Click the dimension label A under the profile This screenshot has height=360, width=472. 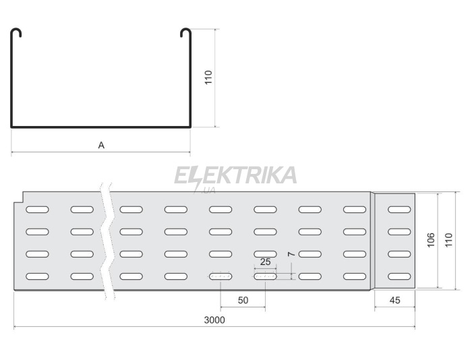pos(101,146)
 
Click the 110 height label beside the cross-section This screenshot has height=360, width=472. pos(208,78)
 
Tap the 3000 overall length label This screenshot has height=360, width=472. pos(214,320)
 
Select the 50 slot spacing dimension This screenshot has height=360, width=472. pos(243,300)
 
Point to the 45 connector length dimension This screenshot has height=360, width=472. pos(394,300)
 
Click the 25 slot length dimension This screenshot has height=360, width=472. pos(265,262)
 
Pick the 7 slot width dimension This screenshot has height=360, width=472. pos(291,254)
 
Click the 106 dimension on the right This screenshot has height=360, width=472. pos(431,240)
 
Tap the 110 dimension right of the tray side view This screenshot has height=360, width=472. pos(449,240)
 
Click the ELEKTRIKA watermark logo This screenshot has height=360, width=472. pos(235,176)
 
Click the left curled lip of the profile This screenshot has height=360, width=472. pos(17,32)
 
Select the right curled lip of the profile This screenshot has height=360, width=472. pos(185,32)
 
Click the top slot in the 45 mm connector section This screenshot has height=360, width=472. pos(399,209)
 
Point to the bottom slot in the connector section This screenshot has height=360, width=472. pos(399,276)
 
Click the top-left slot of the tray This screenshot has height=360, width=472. pos(37,209)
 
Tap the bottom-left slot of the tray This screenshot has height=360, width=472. pos(37,276)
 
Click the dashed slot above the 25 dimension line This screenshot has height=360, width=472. pos(265,276)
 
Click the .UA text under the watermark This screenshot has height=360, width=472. pos(209,191)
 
